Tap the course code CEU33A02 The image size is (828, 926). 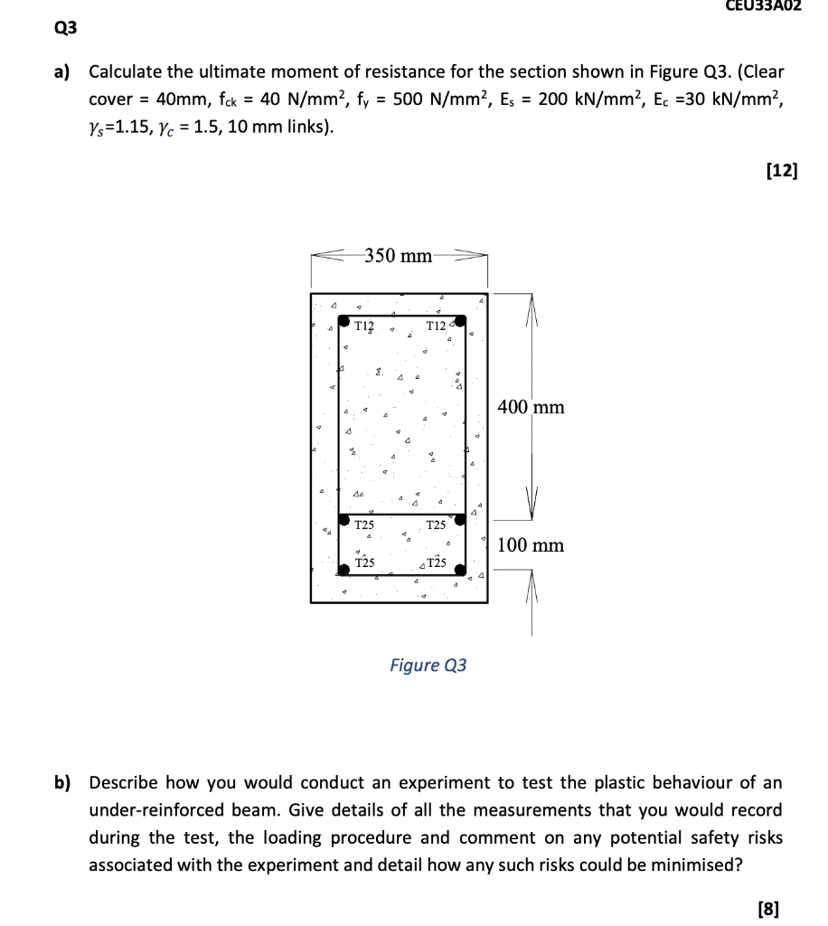tap(764, 6)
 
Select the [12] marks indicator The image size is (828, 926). tap(781, 172)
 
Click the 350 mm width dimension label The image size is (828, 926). tap(398, 256)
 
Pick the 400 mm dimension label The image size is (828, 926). tap(531, 407)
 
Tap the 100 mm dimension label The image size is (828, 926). tap(531, 545)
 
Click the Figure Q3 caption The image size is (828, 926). tap(428, 666)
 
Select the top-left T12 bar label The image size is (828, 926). tap(366, 326)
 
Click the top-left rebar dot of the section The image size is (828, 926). tap(345, 320)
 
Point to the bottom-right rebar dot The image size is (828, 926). tap(460, 571)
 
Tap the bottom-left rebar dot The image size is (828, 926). tap(344, 570)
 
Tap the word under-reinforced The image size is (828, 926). tap(162, 810)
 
